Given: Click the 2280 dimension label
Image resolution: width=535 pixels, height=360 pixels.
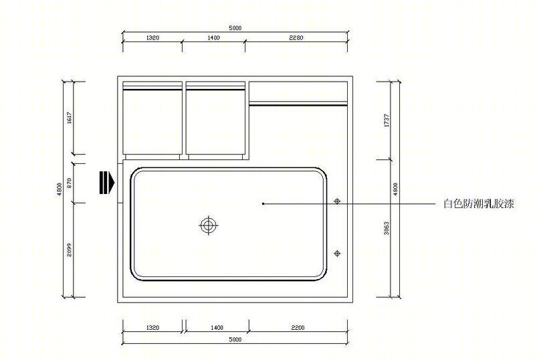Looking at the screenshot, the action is [296, 37].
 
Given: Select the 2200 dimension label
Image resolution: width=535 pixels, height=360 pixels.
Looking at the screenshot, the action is [298, 328].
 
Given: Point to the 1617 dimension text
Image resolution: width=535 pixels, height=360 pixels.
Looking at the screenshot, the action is [70, 118].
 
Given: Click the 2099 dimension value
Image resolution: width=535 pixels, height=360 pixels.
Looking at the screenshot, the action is [70, 250].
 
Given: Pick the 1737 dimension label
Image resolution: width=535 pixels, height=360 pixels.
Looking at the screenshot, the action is [387, 120].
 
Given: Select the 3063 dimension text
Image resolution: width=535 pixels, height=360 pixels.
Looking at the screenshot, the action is [387, 228].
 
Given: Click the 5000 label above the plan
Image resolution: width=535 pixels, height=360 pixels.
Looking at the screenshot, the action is [235, 28].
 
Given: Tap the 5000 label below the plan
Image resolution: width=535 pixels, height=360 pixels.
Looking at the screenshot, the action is [235, 339].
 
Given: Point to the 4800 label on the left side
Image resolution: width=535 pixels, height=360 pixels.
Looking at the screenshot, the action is [60, 189].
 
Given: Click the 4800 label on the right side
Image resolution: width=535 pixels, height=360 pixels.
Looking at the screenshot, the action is [395, 189].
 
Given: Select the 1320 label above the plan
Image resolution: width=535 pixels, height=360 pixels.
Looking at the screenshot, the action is [152, 37].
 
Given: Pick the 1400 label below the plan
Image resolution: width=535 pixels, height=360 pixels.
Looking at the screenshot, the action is [217, 328].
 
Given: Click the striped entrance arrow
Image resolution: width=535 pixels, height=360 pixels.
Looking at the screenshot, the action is [107, 183].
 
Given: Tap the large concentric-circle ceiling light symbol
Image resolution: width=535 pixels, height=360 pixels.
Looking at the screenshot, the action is [208, 226].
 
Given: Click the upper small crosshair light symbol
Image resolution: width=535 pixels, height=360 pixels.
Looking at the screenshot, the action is [337, 201].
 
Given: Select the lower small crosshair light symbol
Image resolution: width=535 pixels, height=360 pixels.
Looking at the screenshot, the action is [337, 253].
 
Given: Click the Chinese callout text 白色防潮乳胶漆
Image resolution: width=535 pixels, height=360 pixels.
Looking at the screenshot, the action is [478, 204].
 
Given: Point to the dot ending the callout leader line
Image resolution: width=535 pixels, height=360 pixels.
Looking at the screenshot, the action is [263, 203].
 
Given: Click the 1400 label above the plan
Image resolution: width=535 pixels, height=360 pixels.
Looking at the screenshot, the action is [213, 37].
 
